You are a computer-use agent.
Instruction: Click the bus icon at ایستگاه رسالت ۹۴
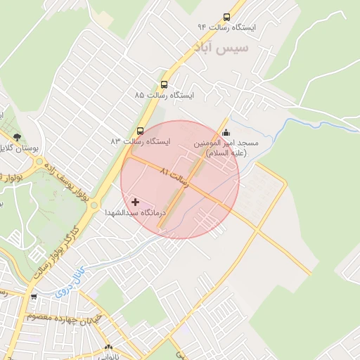(x=226, y=17)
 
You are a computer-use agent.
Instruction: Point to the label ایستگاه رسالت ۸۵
(x=166, y=94)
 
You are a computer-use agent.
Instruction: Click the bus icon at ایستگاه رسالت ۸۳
(x=140, y=131)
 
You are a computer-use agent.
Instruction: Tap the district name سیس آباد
(x=223, y=48)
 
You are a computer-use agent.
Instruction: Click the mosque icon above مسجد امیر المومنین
(x=226, y=132)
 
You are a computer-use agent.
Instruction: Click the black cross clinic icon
(x=135, y=202)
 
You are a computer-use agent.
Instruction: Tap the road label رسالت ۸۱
(x=175, y=176)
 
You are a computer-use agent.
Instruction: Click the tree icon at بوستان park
(x=17, y=137)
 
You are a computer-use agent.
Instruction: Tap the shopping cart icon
(x=33, y=297)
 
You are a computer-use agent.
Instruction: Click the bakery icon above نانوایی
(x=108, y=347)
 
